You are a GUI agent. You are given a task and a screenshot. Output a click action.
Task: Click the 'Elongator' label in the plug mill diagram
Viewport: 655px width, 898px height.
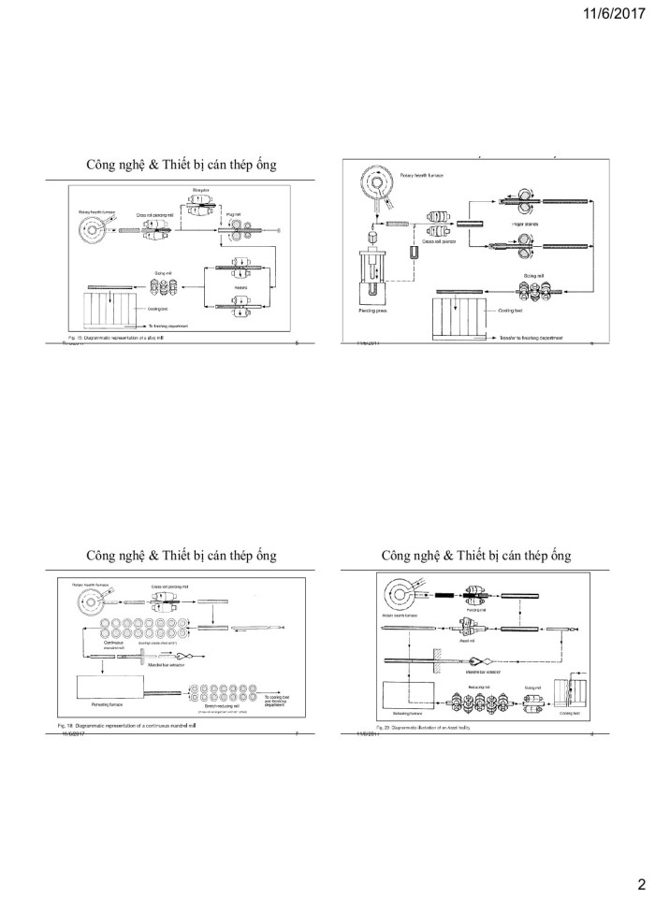(199, 191)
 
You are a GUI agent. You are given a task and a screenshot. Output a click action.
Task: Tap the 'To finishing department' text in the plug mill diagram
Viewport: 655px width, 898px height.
(166, 325)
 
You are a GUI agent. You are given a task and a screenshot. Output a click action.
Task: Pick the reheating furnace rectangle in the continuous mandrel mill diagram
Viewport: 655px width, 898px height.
(109, 689)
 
